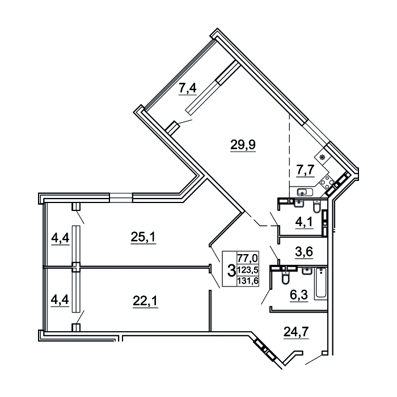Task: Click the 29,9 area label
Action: click(x=243, y=145)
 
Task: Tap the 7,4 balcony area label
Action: click(x=188, y=88)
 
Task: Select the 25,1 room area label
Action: click(x=143, y=238)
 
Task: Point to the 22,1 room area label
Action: click(x=145, y=301)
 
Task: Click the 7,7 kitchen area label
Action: click(x=305, y=170)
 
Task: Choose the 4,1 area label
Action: click(x=304, y=222)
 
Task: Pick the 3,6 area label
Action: click(x=305, y=252)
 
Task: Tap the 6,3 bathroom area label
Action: click(x=299, y=295)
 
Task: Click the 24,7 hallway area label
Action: click(x=296, y=332)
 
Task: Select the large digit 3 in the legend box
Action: click(x=231, y=270)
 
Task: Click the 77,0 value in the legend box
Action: click(x=247, y=259)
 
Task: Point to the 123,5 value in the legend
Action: click(x=247, y=270)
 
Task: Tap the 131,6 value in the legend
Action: click(x=247, y=281)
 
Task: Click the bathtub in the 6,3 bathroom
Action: click(x=321, y=284)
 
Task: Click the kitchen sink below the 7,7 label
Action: click(x=305, y=192)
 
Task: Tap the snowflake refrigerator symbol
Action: click(x=322, y=158)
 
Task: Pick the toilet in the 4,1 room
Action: click(x=316, y=207)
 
